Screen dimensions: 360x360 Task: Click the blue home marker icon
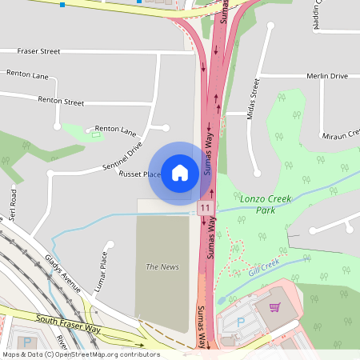pos(180,172)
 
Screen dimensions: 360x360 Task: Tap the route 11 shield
pos(205,208)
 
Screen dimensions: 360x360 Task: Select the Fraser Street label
pos(39,51)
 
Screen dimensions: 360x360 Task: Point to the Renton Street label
pos(61,102)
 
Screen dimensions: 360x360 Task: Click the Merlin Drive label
pos(327,76)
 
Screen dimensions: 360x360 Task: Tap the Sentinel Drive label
pos(122,158)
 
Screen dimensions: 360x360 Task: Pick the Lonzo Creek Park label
pos(266,204)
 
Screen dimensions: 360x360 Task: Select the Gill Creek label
pos(263,266)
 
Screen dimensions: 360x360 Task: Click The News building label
pos(162,266)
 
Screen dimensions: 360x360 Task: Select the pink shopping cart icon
pos(274,307)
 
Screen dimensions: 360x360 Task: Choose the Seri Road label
pos(13,205)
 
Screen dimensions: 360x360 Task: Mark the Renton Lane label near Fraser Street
pos(27,74)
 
